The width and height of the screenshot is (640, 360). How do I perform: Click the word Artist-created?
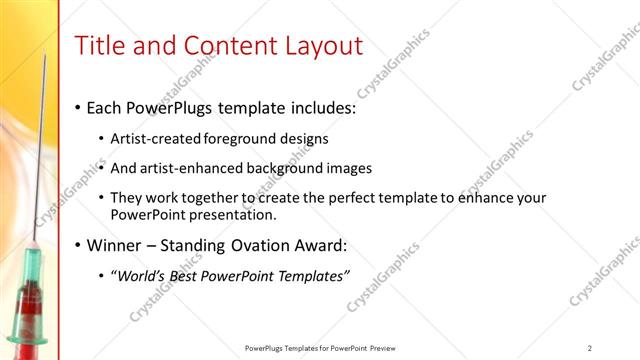[156, 138]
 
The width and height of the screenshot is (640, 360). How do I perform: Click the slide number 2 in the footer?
[590, 348]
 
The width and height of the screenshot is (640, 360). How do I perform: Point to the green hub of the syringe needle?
[32, 263]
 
